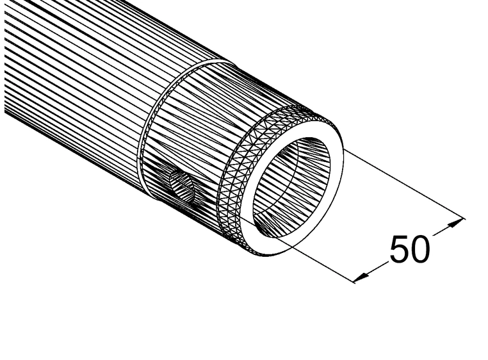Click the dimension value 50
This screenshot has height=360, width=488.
click(x=409, y=249)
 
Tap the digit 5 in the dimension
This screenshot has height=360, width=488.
click(x=398, y=249)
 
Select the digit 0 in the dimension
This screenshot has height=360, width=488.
click(x=419, y=249)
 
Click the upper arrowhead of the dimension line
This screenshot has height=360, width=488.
click(x=455, y=222)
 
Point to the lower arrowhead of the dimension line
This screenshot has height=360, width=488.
click(x=361, y=276)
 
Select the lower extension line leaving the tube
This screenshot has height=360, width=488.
click(x=301, y=250)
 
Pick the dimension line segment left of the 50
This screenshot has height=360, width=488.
click(x=375, y=268)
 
